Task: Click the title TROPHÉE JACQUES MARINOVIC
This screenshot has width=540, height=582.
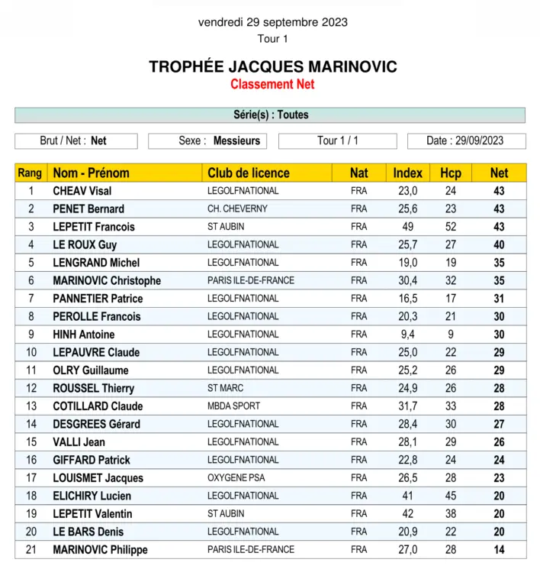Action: [272, 66]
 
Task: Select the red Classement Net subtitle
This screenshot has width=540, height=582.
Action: [272, 84]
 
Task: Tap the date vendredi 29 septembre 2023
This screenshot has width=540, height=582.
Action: [272, 22]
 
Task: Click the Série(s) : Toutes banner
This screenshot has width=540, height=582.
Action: [270, 115]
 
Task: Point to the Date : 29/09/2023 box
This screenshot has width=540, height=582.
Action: [465, 141]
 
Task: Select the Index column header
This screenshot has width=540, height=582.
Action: [407, 173]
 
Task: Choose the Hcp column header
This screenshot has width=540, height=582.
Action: [451, 173]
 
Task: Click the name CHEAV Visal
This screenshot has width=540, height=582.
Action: [82, 191]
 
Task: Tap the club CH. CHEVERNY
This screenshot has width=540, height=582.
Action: [237, 209]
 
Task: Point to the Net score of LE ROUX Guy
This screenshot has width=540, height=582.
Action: [499, 244]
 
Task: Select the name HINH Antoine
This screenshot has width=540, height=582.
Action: [84, 334]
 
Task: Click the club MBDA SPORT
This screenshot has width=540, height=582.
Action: [233, 406]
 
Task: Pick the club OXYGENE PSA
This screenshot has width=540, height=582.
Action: [236, 477]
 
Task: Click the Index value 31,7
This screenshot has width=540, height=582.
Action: [408, 406]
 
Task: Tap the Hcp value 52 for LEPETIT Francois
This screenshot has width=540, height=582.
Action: [451, 227]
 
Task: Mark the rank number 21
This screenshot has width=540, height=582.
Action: [31, 549]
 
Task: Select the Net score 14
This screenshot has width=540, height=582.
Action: [499, 549]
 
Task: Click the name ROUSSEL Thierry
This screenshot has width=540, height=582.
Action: [93, 388]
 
